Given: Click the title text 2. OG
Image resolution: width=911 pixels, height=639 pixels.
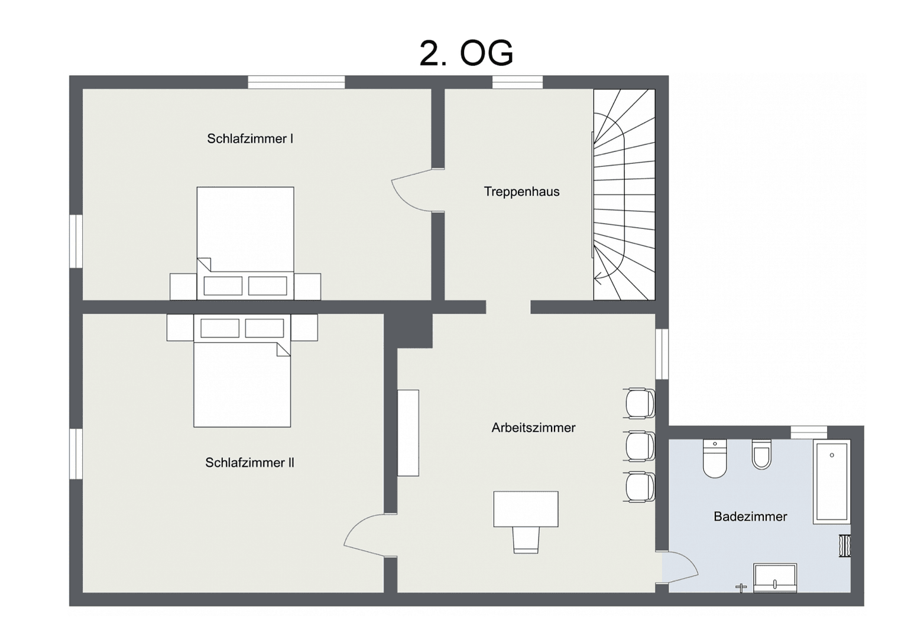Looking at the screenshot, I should click(x=466, y=53).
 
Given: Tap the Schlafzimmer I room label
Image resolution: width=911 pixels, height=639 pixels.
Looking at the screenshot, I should click(x=249, y=139).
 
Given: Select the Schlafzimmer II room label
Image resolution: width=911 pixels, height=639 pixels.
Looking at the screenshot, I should click(x=249, y=463).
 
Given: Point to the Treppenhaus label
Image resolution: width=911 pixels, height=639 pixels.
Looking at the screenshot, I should click(x=521, y=192).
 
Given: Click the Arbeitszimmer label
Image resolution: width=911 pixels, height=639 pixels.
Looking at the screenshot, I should click(x=533, y=428).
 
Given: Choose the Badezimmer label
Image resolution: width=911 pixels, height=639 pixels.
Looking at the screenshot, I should click(x=750, y=517).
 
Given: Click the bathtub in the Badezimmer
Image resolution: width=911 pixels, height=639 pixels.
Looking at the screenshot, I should click(x=831, y=482).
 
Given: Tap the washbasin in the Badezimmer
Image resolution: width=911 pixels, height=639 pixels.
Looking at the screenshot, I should click(x=774, y=577).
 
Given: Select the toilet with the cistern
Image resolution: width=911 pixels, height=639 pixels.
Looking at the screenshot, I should click(x=715, y=458).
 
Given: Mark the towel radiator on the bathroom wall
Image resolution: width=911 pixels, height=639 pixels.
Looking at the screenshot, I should click(x=845, y=546).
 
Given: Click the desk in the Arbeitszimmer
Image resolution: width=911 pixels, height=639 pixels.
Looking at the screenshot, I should click(x=526, y=509).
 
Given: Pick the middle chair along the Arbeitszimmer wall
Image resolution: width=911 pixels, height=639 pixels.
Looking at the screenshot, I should click(x=640, y=446).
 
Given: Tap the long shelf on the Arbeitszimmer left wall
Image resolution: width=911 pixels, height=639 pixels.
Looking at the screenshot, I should click(x=408, y=433).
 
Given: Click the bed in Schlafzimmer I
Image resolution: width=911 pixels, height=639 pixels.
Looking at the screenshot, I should click(x=245, y=237).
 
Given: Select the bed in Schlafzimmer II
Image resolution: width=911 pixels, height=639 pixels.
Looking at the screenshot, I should click(x=242, y=379).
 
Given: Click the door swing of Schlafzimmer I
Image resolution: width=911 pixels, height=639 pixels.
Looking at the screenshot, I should click(x=414, y=191).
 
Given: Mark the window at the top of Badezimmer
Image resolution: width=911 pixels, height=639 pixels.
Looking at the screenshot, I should click(x=809, y=433).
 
